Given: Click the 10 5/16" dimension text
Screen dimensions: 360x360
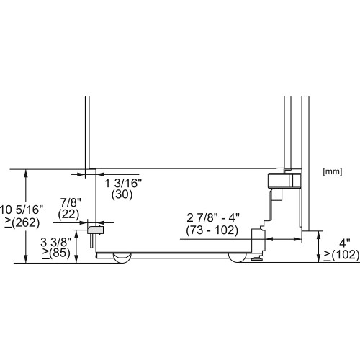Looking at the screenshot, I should [22, 209].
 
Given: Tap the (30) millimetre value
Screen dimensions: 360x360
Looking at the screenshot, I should [120, 195].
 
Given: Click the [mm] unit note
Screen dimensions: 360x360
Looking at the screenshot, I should [332, 171].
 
